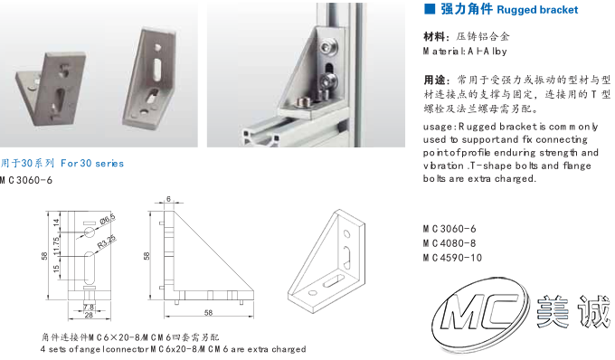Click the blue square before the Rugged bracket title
point(430,9)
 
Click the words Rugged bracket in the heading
point(537,10)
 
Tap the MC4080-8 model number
point(449,243)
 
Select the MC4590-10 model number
point(452,258)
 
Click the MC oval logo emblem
point(481,312)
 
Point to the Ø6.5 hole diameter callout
point(107,219)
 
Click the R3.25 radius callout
point(107,242)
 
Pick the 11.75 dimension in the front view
point(56,245)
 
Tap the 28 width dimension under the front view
point(89,315)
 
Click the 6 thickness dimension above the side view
point(168,199)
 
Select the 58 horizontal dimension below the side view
point(208,313)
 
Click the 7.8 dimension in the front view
point(89,307)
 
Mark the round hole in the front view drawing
point(89,232)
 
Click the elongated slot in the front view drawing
point(90,268)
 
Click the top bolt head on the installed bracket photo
point(327,48)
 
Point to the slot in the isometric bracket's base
point(332,280)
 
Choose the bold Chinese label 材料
point(435,37)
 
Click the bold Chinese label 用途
point(435,80)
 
